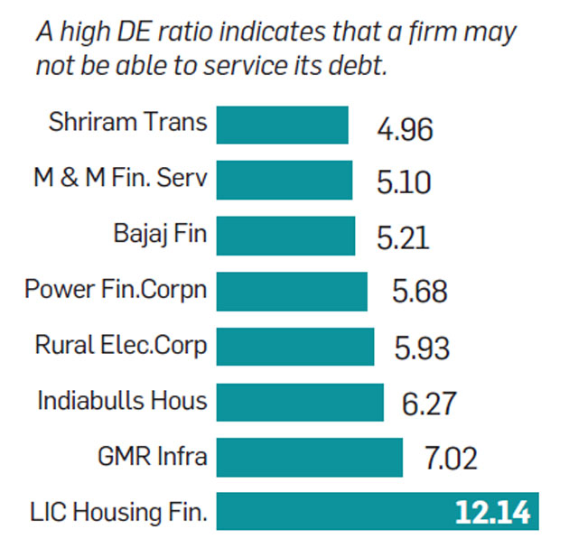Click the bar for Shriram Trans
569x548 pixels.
click(x=283, y=125)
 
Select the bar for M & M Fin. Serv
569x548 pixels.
click(x=284, y=180)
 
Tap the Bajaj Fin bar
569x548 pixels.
click(x=286, y=236)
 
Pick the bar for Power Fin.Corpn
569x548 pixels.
click(x=292, y=291)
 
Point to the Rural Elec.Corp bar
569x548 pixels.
click(x=295, y=346)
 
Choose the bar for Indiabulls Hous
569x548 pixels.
click(x=300, y=402)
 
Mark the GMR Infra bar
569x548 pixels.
click(x=310, y=457)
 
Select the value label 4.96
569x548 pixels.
click(x=405, y=129)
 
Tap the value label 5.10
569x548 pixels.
click(x=404, y=183)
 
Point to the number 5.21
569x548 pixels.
click(x=404, y=238)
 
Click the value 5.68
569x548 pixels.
click(x=419, y=293)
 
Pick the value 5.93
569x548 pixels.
click(x=422, y=348)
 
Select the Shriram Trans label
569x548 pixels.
click(x=127, y=123)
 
